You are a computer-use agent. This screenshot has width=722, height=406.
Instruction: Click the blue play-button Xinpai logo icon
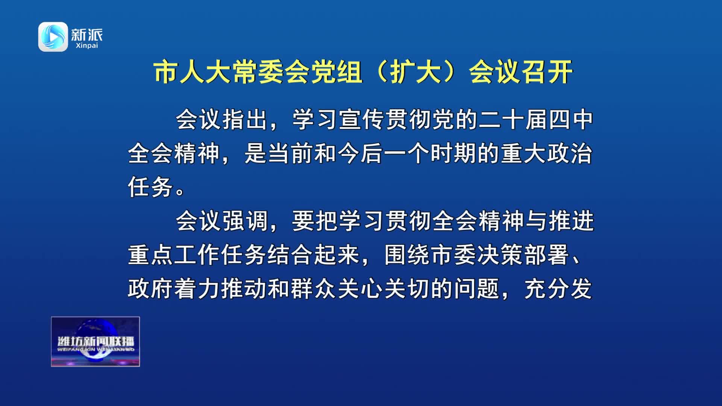click(x=53, y=37)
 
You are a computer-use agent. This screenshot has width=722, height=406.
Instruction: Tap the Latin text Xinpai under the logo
click(x=86, y=45)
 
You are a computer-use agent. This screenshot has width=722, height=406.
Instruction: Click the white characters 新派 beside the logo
click(x=87, y=35)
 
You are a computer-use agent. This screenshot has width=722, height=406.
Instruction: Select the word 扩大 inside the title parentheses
click(x=416, y=72)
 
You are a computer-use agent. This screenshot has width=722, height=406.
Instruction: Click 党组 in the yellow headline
click(x=337, y=72)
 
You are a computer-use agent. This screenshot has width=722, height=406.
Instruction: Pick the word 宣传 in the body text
click(x=362, y=120)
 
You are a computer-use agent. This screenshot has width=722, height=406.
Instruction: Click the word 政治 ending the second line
click(x=570, y=154)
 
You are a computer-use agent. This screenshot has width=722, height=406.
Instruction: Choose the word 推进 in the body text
click(x=571, y=221)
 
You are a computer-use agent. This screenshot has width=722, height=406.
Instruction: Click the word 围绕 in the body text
click(x=408, y=255)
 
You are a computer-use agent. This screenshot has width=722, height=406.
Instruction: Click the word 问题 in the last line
click(x=476, y=289)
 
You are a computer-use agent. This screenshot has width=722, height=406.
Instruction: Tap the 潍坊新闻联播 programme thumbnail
click(x=96, y=341)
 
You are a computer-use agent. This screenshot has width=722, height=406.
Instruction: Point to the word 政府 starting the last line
click(x=150, y=289)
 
